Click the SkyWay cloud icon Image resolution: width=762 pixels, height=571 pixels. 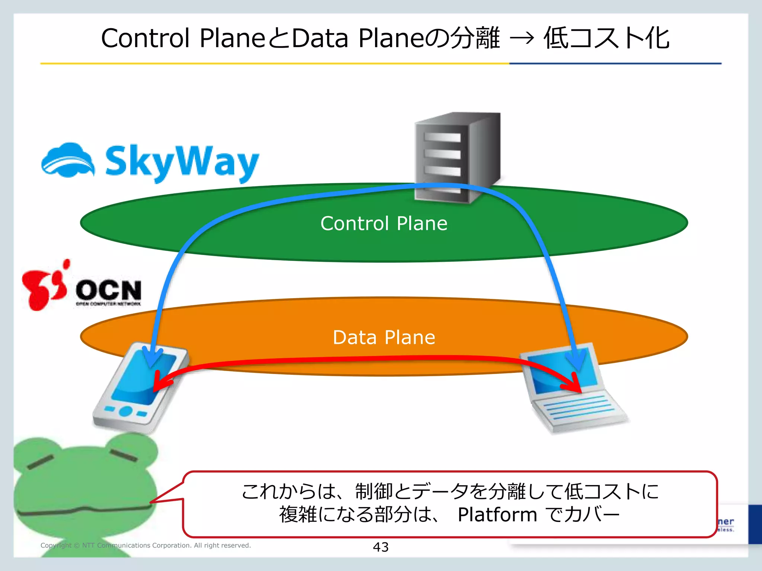[x=68, y=161]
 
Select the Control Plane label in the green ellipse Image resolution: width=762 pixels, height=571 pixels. [x=384, y=224]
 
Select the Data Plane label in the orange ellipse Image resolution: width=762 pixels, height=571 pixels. [x=384, y=338]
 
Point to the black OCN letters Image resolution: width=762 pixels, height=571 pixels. [x=109, y=290]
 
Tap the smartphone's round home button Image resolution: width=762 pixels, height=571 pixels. [x=126, y=411]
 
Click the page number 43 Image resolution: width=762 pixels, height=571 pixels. [x=381, y=547]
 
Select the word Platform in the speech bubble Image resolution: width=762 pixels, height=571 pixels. [x=497, y=515]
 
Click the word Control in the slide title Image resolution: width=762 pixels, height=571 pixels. [x=145, y=38]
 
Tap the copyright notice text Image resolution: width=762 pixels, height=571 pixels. [x=145, y=545]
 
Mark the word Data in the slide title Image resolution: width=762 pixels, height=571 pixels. [x=320, y=38]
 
